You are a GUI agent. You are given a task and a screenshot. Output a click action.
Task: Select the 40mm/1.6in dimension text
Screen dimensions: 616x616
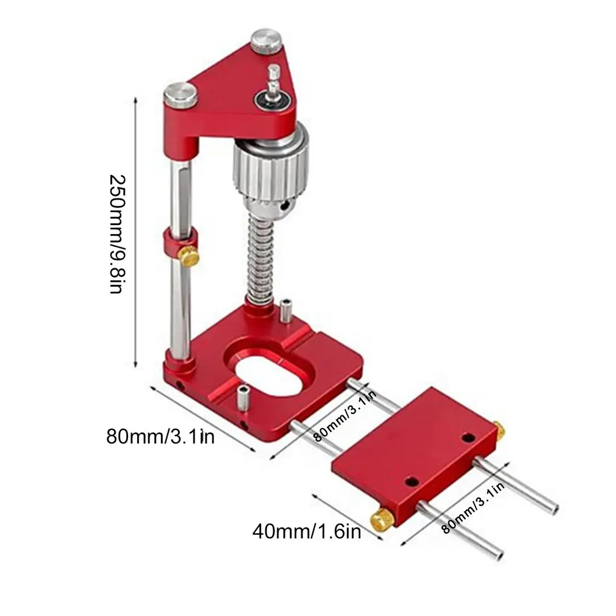click(x=307, y=531)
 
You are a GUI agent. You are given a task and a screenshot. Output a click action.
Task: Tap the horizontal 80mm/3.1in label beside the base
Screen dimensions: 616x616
click(x=160, y=437)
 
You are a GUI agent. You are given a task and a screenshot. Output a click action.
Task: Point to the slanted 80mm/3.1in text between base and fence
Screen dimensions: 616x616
click(x=343, y=417)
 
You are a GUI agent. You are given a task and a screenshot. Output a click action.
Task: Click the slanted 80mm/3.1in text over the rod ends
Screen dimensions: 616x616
click(x=474, y=506)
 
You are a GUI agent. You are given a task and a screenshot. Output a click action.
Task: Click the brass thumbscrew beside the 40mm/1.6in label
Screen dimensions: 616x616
click(x=382, y=518)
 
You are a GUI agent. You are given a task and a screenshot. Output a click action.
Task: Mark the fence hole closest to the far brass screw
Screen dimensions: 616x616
click(x=468, y=438)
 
